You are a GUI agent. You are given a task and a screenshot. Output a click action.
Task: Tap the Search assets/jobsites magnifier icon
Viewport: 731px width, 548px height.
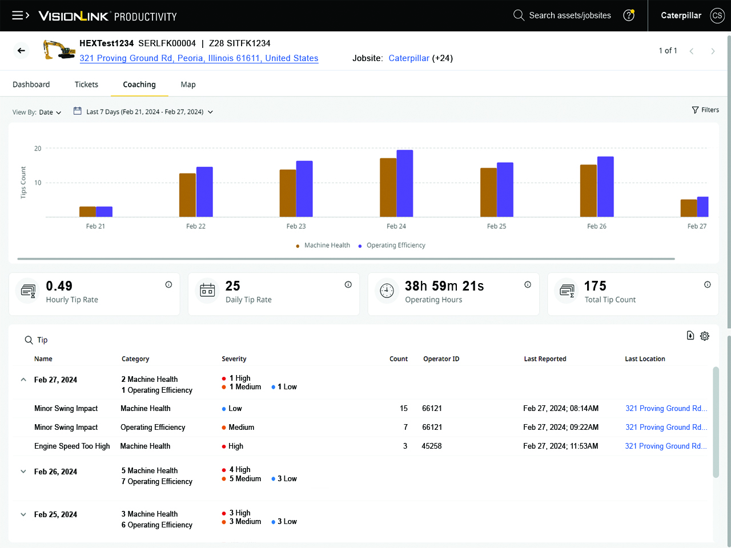click(519, 15)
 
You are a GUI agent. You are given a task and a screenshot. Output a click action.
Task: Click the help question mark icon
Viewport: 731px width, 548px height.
click(629, 15)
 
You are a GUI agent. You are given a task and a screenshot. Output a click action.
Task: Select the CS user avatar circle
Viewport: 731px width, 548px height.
click(717, 15)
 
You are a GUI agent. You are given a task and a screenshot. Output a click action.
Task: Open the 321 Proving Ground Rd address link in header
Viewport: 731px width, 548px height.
click(199, 58)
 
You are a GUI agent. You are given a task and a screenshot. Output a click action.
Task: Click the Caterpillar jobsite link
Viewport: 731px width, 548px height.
click(409, 58)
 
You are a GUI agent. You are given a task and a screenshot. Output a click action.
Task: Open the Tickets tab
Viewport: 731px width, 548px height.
click(86, 84)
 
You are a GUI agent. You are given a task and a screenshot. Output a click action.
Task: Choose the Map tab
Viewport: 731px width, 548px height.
click(188, 84)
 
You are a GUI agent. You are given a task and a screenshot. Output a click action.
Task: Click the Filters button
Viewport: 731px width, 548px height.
click(705, 110)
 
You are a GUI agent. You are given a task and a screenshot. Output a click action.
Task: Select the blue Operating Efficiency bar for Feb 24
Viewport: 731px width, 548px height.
click(405, 184)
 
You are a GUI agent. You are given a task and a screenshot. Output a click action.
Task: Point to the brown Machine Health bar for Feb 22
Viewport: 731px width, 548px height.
click(187, 195)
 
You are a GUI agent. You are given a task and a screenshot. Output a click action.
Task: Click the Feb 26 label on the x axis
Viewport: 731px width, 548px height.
click(597, 226)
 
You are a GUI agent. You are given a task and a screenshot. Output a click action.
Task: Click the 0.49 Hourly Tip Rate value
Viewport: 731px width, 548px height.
click(59, 286)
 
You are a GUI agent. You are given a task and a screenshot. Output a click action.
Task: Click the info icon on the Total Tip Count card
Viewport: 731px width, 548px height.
click(707, 284)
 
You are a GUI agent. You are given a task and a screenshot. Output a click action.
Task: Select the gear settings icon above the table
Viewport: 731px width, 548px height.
click(705, 336)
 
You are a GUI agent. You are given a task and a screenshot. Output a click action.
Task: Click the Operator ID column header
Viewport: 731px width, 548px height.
click(441, 359)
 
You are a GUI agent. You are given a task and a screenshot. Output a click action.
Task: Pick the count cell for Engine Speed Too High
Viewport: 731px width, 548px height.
click(405, 446)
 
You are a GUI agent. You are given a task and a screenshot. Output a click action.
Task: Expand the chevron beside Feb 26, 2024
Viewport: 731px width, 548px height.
click(23, 472)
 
